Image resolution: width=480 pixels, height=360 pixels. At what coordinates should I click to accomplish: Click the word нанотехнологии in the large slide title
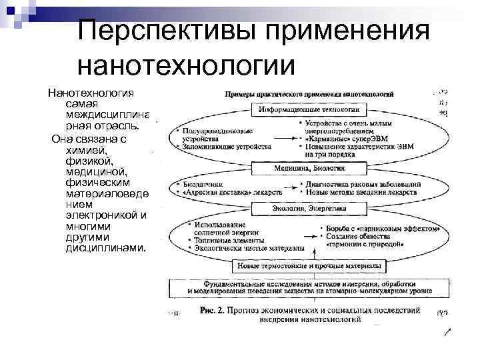pyautogui.click(x=186, y=66)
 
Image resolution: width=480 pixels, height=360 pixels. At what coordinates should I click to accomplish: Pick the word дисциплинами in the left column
pyautogui.click(x=105, y=247)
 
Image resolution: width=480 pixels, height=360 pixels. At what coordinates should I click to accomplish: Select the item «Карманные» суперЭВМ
pyautogui.click(x=344, y=139)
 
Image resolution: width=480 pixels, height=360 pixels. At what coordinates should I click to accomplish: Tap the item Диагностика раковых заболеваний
pyautogui.click(x=363, y=183)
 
